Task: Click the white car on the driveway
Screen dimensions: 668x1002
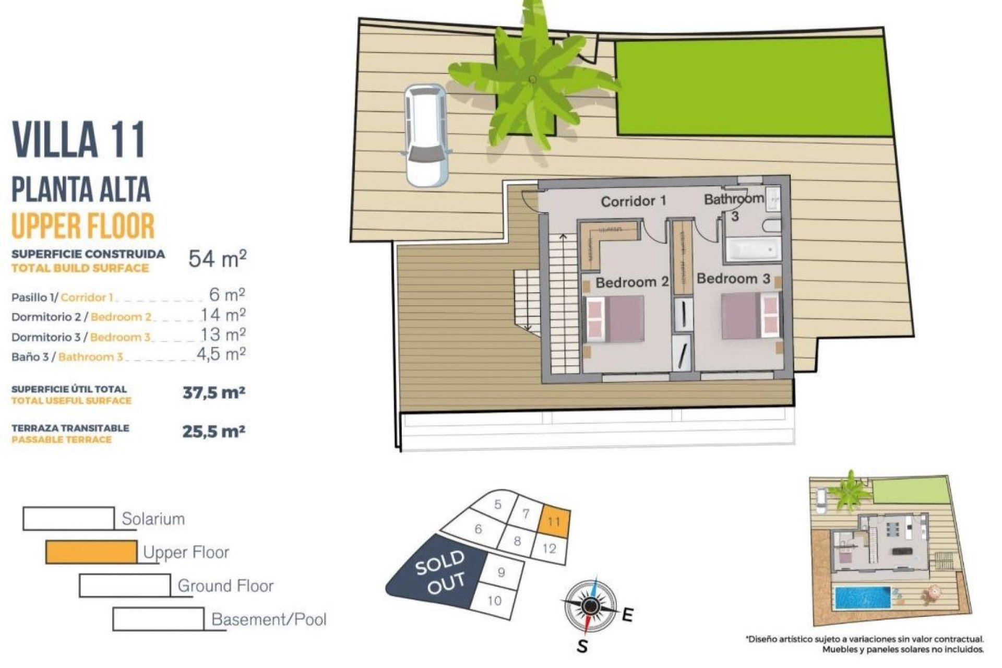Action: [x=427, y=136]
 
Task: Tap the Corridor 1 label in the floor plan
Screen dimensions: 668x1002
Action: [x=633, y=201]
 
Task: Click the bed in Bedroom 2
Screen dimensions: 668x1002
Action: [x=615, y=319]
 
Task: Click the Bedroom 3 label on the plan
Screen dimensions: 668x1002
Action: [x=733, y=279]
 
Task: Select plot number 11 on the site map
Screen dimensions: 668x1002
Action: [x=554, y=521]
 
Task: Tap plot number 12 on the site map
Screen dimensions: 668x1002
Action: [x=549, y=549]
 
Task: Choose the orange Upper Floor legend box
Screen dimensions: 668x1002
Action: [x=91, y=552]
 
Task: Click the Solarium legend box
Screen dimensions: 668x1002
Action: [x=68, y=519]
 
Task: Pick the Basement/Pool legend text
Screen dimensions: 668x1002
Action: [x=269, y=619]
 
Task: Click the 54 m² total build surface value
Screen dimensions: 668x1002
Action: [x=217, y=259]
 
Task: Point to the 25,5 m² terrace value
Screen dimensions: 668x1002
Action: [x=213, y=432]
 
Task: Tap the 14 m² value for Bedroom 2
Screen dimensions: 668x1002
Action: [x=223, y=315]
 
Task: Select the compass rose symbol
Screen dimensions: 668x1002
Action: [x=590, y=605]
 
